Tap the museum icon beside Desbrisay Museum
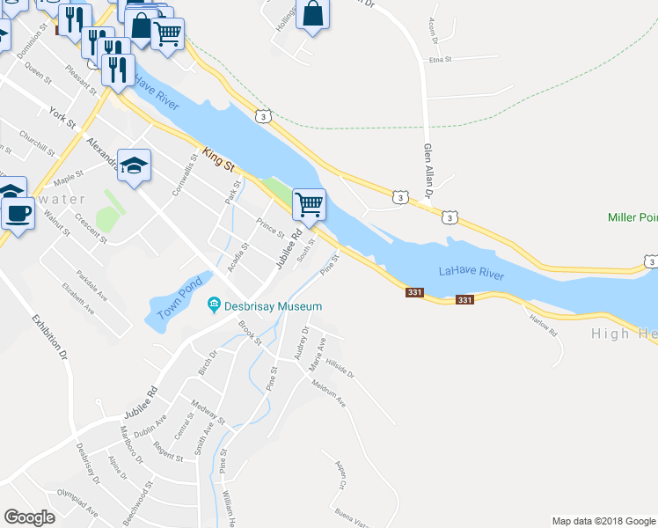tap(213, 306)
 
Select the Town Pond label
tap(180, 299)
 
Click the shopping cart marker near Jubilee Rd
tap(308, 205)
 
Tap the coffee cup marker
tap(17, 212)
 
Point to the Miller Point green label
tap(632, 217)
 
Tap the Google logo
tap(29, 517)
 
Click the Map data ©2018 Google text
tap(603, 521)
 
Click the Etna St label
tap(439, 60)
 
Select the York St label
tap(64, 114)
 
